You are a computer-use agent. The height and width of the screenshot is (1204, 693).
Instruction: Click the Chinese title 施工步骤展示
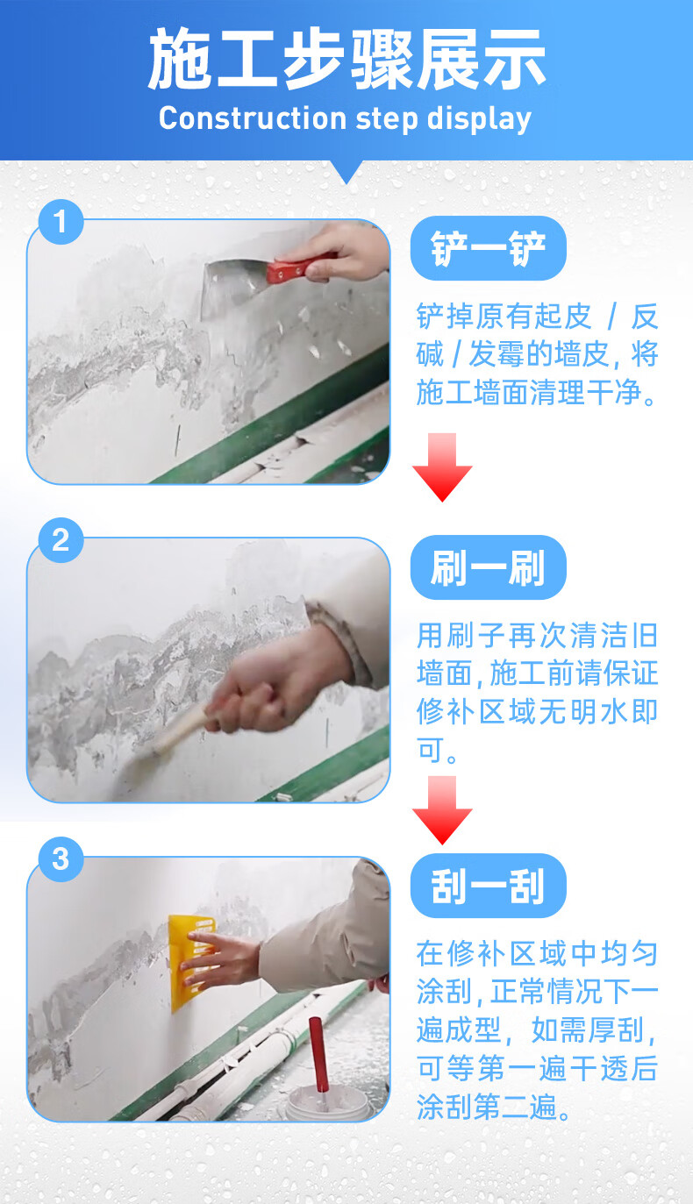click(x=346, y=58)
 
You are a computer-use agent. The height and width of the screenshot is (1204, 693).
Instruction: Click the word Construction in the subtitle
click(x=253, y=118)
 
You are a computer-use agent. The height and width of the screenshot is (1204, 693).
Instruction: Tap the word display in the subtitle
click(x=479, y=118)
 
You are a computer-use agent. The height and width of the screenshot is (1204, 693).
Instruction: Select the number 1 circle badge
click(x=61, y=222)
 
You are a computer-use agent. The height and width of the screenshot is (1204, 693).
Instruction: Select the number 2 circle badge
click(x=61, y=539)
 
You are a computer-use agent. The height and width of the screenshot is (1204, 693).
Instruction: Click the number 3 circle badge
click(x=61, y=858)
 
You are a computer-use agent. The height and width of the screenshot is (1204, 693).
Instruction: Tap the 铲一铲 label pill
click(x=488, y=248)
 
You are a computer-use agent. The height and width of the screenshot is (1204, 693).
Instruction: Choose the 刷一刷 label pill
click(x=488, y=567)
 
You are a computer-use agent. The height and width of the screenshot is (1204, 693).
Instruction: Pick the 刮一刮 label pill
click(x=488, y=886)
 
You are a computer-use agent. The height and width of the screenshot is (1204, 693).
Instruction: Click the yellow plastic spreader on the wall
click(x=190, y=963)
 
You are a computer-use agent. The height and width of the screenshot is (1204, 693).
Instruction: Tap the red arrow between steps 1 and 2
click(x=442, y=467)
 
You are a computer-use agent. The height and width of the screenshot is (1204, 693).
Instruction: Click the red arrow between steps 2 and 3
click(x=442, y=809)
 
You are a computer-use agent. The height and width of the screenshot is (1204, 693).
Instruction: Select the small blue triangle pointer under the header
click(x=346, y=172)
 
